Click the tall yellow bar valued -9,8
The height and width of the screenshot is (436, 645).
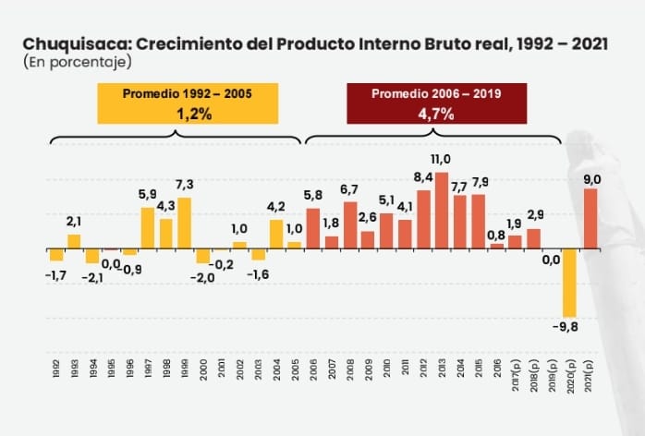(x=570, y=283)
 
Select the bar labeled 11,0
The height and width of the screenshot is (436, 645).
(x=442, y=211)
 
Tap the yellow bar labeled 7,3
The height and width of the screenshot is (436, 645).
(x=185, y=223)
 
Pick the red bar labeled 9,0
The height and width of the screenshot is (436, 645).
(x=590, y=219)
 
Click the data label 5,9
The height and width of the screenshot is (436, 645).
(x=148, y=194)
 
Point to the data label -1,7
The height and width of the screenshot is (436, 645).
(x=55, y=273)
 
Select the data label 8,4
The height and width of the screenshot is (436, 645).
(x=423, y=176)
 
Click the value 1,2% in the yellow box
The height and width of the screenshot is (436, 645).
(x=189, y=114)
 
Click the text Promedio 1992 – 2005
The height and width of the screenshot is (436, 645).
(x=188, y=94)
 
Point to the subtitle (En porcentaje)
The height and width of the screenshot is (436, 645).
(x=73, y=63)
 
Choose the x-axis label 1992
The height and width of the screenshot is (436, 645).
(x=55, y=368)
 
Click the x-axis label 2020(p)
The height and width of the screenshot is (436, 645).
(x=570, y=372)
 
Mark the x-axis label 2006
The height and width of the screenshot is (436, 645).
(x=313, y=368)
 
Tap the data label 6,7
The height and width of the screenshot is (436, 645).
(x=349, y=188)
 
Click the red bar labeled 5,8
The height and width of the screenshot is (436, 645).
(x=313, y=228)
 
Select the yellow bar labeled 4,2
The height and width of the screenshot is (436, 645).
(x=276, y=234)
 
